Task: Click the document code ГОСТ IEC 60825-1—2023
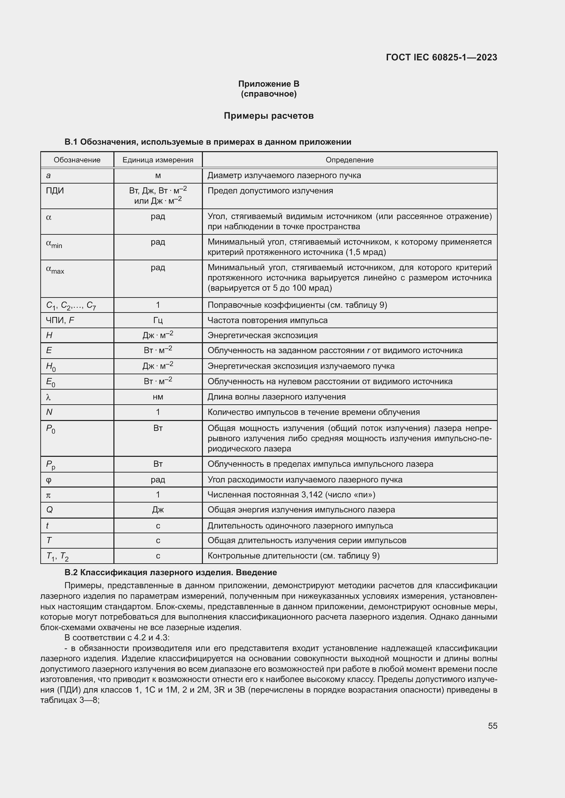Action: [441, 57]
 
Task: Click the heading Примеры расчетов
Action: [268, 116]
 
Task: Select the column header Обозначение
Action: [77, 160]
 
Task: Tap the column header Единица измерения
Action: [157, 160]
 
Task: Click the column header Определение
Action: [349, 160]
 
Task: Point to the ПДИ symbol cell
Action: [55, 191]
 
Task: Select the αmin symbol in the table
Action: [54, 244]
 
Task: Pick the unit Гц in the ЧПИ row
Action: [157, 320]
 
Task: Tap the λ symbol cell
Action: [49, 397]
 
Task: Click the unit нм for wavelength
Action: [157, 397]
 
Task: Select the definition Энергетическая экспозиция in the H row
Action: [262, 335]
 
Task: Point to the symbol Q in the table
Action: [50, 510]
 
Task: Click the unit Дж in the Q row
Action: [157, 510]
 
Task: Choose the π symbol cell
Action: [49, 495]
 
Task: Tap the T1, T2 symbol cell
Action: [57, 556]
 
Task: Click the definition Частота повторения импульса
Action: [267, 320]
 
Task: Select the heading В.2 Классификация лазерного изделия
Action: [170, 572]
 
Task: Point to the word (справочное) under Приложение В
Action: [268, 94]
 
